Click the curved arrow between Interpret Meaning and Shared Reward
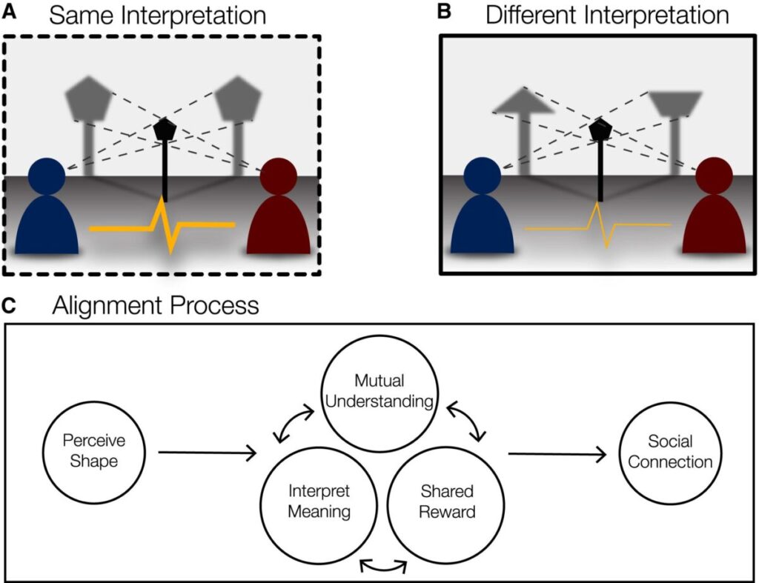tap(382, 566)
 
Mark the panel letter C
tap(9, 305)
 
